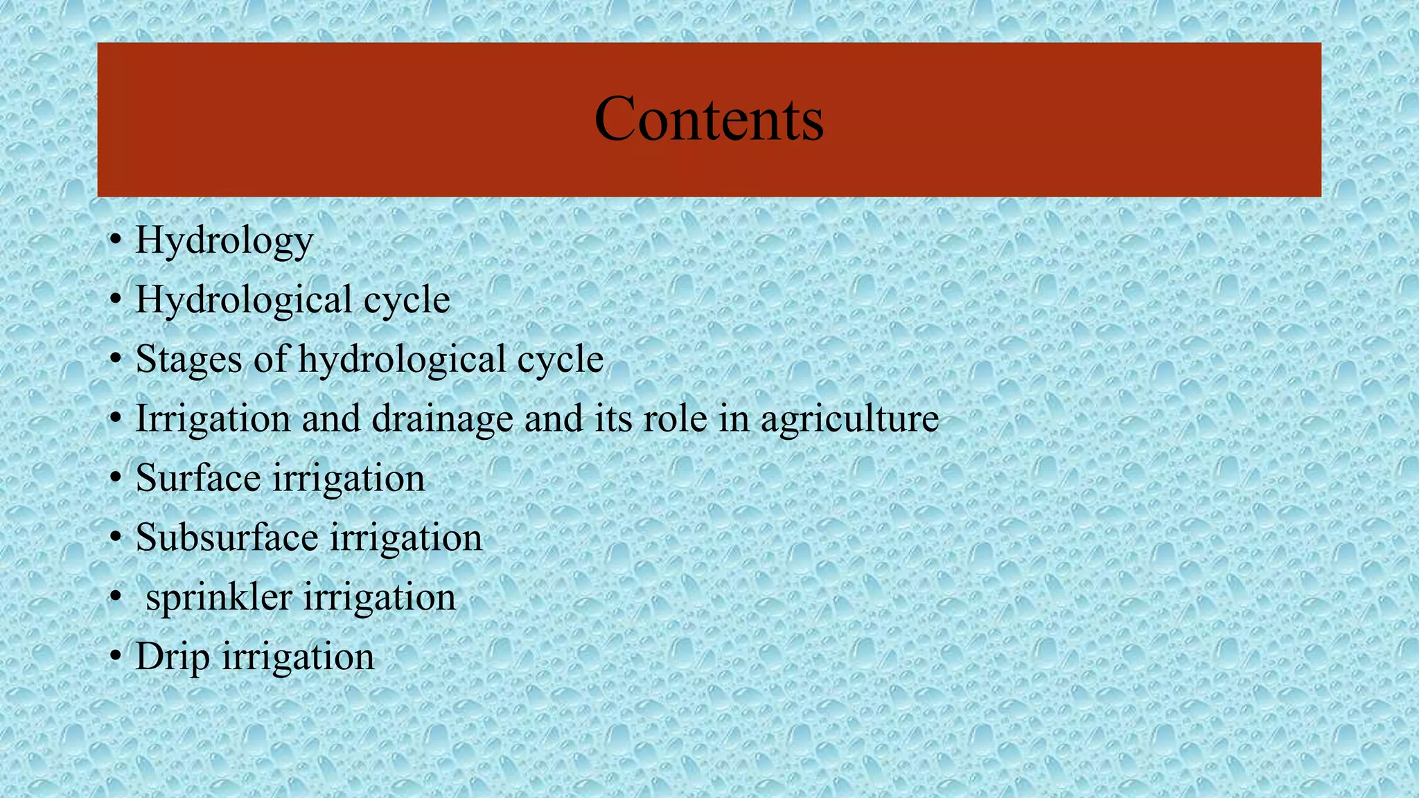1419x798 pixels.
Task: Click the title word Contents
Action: coord(709,119)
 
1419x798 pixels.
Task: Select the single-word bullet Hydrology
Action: coord(224,241)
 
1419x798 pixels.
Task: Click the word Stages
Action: coord(188,360)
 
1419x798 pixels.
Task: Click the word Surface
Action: coord(198,478)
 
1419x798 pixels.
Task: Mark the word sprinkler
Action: coord(219,597)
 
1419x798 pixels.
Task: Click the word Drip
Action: coord(172,657)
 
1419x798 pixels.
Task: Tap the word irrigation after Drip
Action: coord(298,657)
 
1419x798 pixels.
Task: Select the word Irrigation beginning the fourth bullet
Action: coord(213,419)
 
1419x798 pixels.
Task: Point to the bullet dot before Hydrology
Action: coord(116,241)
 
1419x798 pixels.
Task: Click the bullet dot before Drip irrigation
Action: coord(116,657)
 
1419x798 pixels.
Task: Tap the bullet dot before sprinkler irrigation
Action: coord(116,597)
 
